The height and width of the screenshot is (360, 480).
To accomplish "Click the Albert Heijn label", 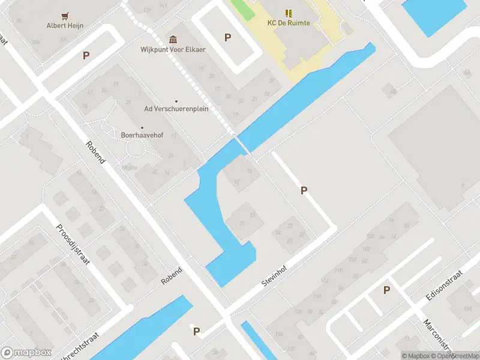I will pyautogui.click(x=65, y=25).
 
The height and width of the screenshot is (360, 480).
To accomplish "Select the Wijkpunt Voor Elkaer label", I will pyautogui.click(x=173, y=49).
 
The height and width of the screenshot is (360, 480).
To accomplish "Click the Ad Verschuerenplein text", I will pyautogui.click(x=176, y=109).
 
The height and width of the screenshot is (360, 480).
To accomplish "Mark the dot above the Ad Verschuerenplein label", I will pyautogui.click(x=176, y=101).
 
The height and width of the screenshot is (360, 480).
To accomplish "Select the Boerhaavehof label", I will pyautogui.click(x=142, y=136).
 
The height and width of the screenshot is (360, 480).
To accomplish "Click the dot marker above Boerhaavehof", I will pyautogui.click(x=142, y=127).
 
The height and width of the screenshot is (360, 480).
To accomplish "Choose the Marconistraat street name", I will pyautogui.click(x=440, y=336).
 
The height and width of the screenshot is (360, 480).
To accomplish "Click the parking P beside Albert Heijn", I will pyautogui.click(x=86, y=55).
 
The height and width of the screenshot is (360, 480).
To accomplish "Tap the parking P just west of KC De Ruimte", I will pyautogui.click(x=227, y=37).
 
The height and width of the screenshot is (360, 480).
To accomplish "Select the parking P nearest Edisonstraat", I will pyautogui.click(x=386, y=290).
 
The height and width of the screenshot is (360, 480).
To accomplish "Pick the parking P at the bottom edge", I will pyautogui.click(x=196, y=331).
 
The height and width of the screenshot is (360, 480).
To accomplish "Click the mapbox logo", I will pyautogui.click(x=26, y=353).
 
